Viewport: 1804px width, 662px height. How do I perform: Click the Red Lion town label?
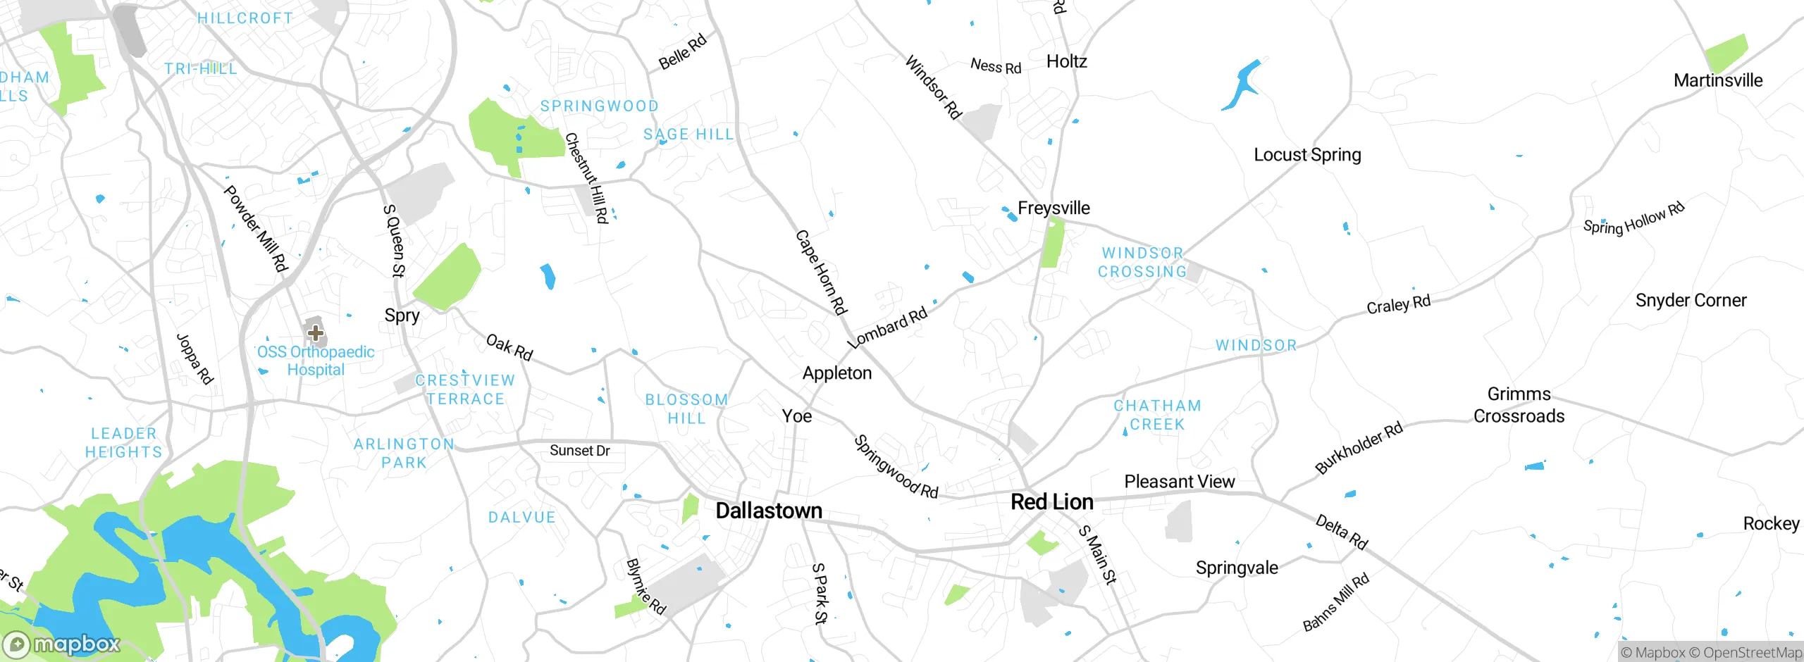pos(1052,502)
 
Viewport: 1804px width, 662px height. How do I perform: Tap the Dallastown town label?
pos(769,511)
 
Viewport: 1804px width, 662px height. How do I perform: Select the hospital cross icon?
pos(315,332)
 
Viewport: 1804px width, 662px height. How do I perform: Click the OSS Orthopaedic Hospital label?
pos(316,361)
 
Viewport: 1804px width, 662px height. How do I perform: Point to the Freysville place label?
pos(1054,208)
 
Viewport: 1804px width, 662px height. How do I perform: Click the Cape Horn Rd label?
pos(821,272)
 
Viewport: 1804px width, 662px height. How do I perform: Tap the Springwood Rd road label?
pos(896,467)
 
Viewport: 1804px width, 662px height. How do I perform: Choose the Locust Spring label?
pos(1307,155)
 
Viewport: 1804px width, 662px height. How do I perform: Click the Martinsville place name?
pos(1718,81)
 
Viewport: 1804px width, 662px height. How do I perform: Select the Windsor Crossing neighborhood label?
pos(1142,262)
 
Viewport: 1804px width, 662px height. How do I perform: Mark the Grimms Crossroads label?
pos(1519,405)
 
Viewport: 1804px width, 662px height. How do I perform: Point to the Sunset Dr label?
pos(579,451)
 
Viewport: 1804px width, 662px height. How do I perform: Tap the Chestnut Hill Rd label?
pos(586,178)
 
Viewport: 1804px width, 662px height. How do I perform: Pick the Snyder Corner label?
pos(1691,301)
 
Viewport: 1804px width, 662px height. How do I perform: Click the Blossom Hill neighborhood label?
pos(686,409)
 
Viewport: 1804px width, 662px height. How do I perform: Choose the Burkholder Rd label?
pos(1359,449)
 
